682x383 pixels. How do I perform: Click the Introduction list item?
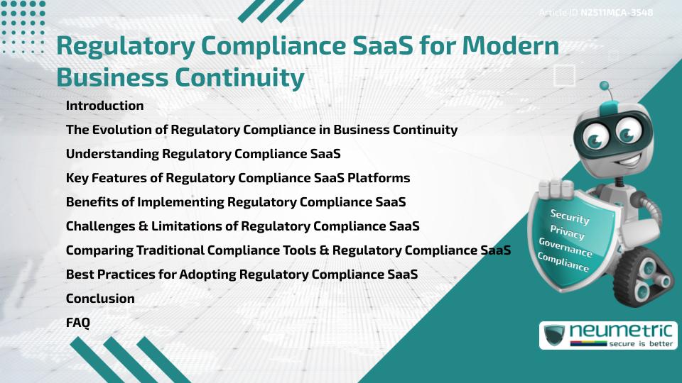tap(104, 106)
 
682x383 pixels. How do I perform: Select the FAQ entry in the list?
tap(78, 323)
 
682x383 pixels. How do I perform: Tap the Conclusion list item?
tap(100, 299)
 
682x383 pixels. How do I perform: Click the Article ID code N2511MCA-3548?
tap(616, 13)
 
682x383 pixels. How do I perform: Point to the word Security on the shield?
tap(570, 217)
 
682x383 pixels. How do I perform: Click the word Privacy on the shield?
tap(567, 232)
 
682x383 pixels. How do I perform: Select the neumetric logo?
tap(608, 335)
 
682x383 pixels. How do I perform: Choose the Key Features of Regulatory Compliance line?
tap(238, 178)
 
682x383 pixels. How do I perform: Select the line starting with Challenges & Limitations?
tap(242, 226)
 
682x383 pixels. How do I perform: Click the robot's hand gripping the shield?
tap(556, 188)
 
